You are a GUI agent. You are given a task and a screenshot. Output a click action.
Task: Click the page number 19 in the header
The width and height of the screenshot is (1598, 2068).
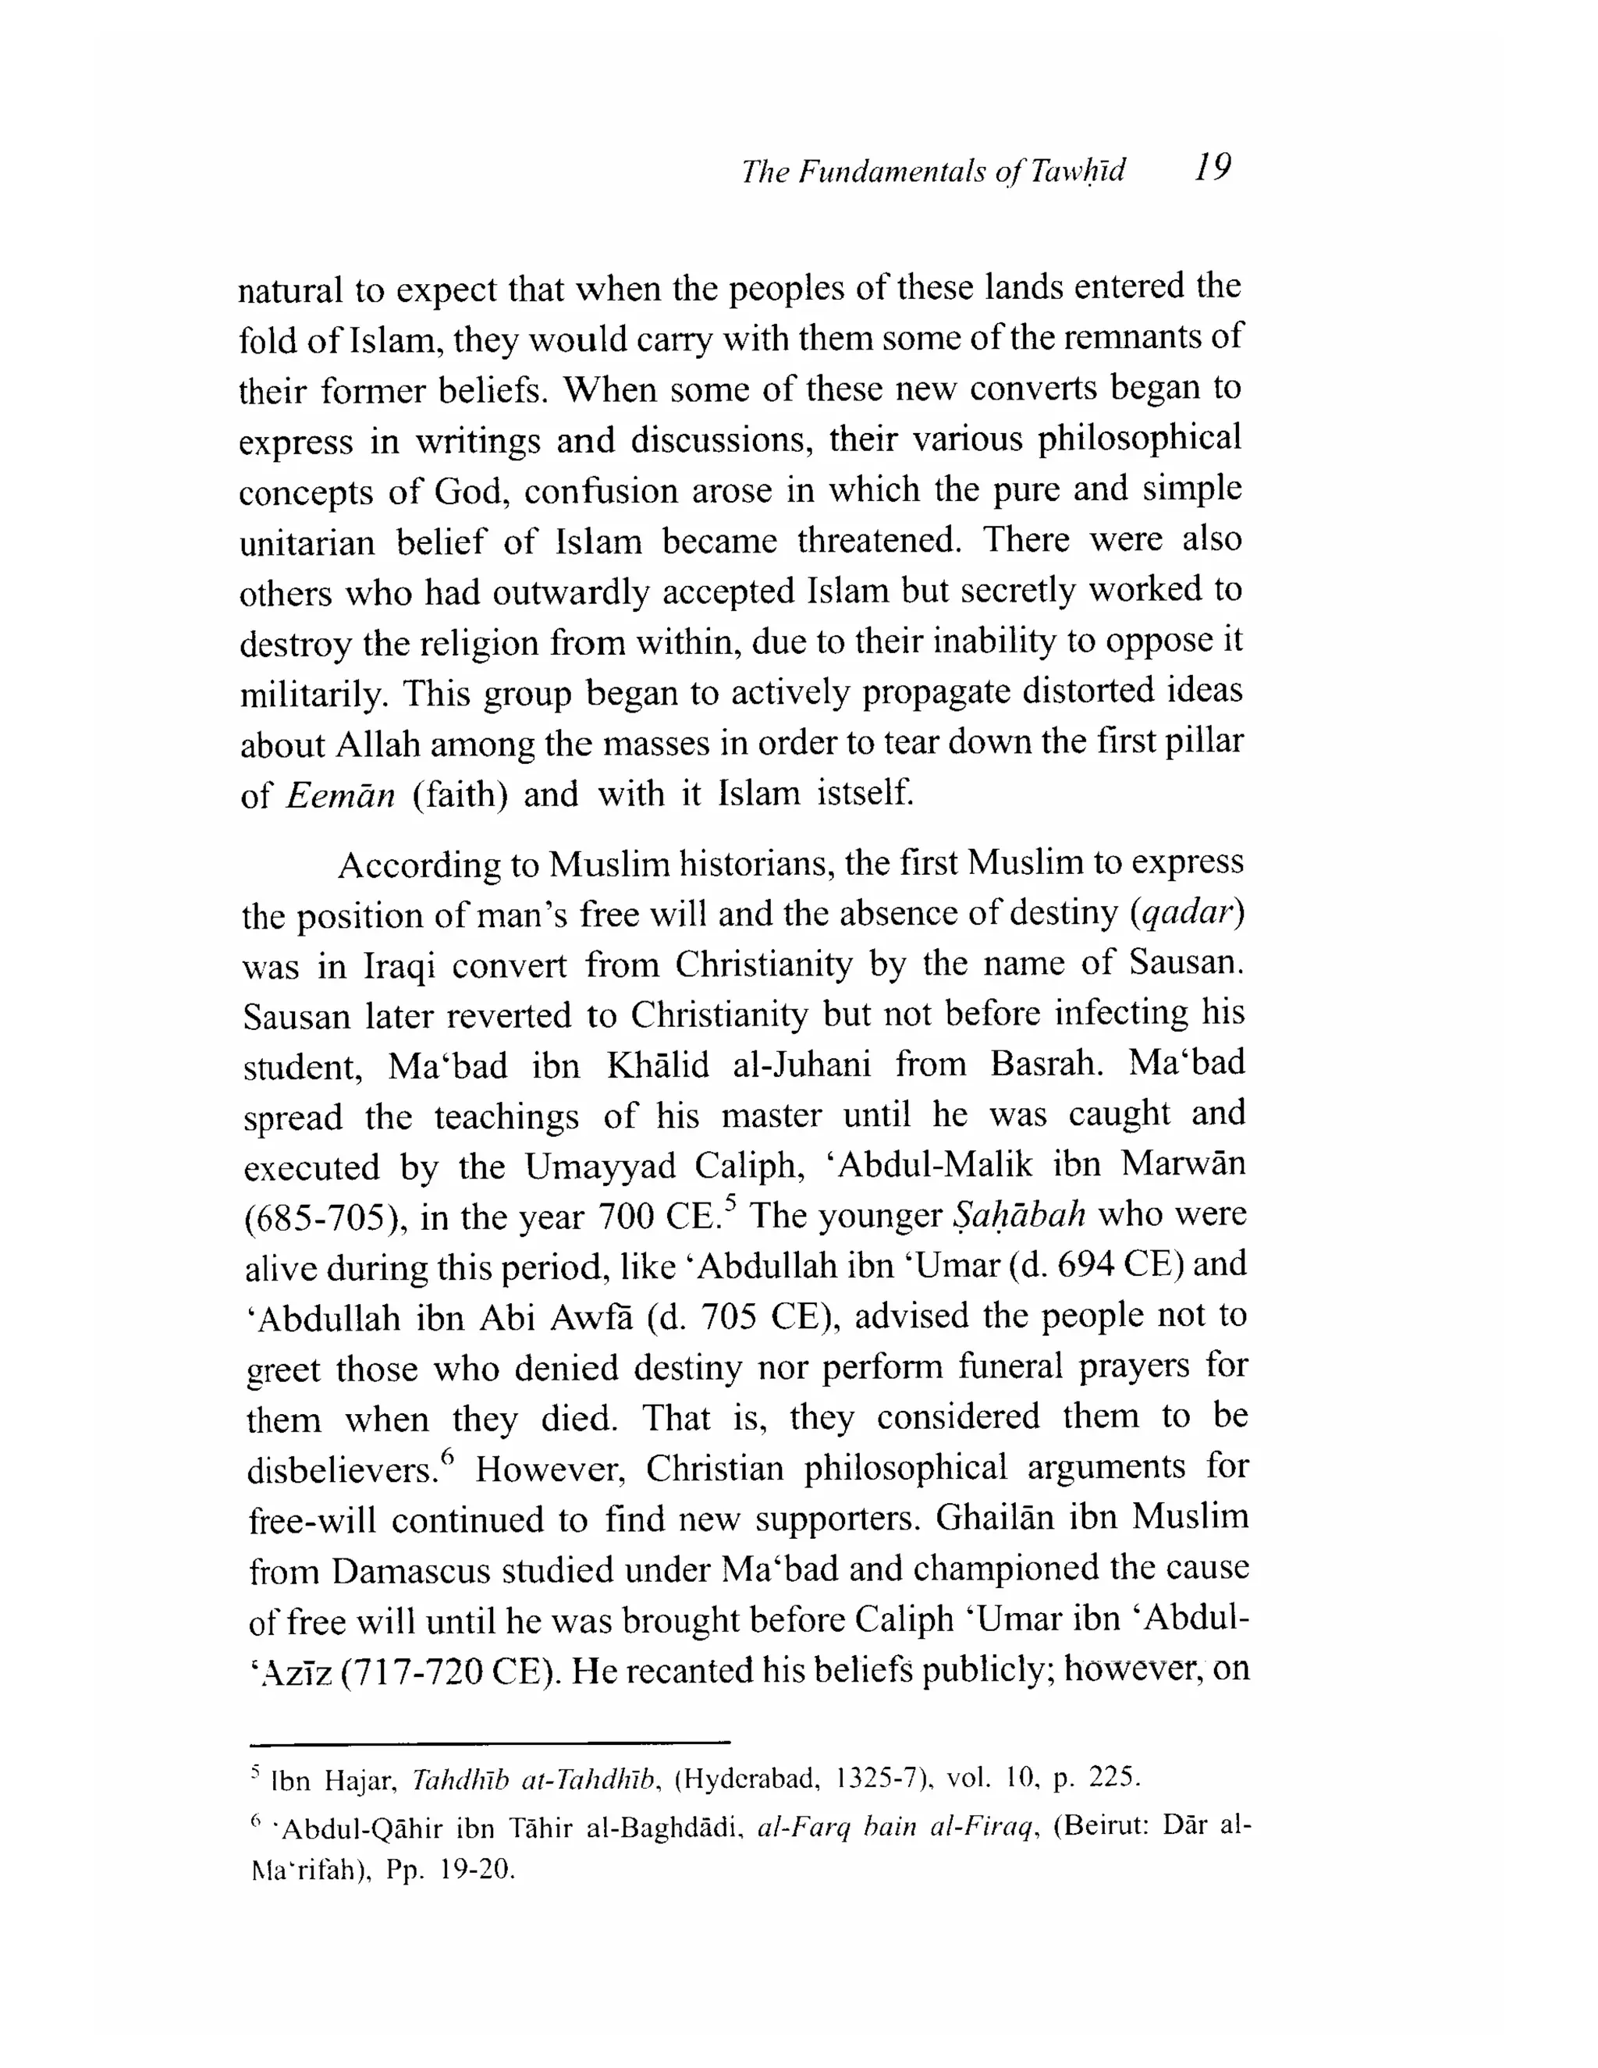click(x=1212, y=168)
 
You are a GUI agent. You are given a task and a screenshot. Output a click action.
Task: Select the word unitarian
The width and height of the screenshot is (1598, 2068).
click(x=306, y=543)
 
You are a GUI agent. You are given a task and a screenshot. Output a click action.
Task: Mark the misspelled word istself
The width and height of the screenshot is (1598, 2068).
click(x=865, y=791)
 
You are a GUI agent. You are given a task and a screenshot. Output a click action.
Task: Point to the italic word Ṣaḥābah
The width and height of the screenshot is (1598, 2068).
click(x=1017, y=1215)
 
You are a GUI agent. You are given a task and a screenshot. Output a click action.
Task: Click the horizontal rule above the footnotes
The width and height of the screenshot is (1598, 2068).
click(x=490, y=1741)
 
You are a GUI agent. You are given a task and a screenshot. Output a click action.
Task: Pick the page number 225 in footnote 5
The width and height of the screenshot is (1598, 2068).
click(x=1111, y=1778)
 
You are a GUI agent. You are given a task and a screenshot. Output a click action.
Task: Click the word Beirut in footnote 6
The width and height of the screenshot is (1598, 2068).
click(x=1105, y=1825)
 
